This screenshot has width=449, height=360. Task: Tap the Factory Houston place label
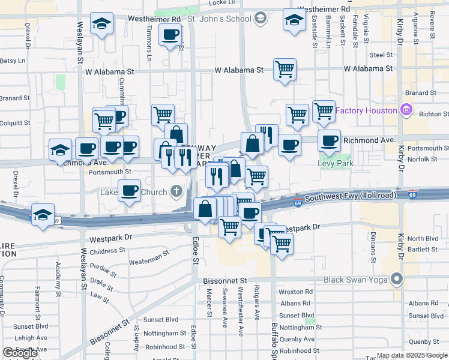pyautogui.click(x=366, y=110)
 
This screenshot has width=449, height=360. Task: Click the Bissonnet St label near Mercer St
pyautogui.click(x=225, y=280)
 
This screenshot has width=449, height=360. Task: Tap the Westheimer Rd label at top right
pyautogui.click(x=324, y=10)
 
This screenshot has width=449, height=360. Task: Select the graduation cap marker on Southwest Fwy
pyautogui.click(x=43, y=214)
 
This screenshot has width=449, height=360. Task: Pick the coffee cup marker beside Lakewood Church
pyautogui.click(x=129, y=191)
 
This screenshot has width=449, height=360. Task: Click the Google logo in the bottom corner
pyautogui.click(x=20, y=353)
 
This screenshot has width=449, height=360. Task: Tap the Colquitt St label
pyautogui.click(x=15, y=123)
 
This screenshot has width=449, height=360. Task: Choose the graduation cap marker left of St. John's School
pyautogui.click(x=101, y=24)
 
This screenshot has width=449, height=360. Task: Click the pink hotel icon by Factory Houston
pyautogui.click(x=406, y=110)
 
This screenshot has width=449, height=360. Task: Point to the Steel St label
pyautogui.click(x=381, y=55)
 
